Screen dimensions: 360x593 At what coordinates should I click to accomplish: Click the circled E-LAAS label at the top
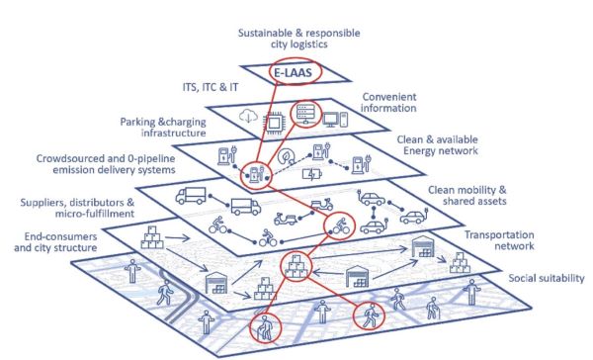[297, 71]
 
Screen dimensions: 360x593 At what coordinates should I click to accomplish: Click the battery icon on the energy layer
[312, 175]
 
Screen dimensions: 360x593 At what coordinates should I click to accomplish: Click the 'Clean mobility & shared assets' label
[474, 196]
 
